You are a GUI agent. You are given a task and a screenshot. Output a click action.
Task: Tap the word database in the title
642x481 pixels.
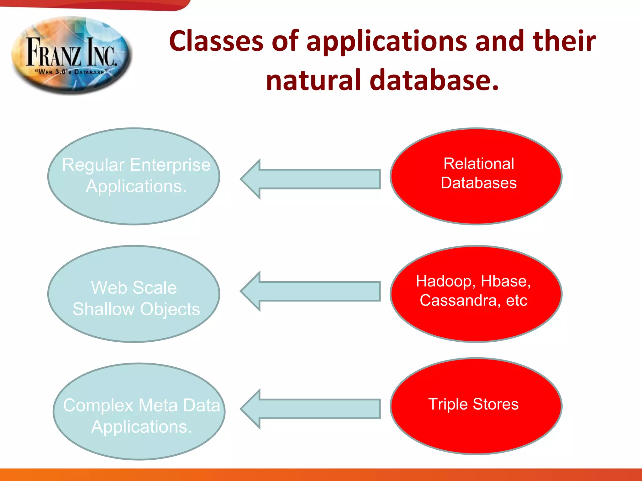coord(434,80)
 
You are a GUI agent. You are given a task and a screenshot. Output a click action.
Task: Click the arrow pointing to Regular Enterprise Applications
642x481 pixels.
coord(310,179)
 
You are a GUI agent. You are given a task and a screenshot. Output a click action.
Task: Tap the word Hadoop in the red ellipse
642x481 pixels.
coord(444,281)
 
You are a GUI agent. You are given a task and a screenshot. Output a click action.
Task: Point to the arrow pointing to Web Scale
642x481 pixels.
coord(310,291)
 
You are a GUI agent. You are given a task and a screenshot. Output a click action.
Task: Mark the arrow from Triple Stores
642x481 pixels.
coord(310,409)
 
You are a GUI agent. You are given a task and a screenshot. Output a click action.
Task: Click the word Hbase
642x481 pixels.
coord(505,281)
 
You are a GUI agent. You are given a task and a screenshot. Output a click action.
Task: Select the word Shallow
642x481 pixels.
coord(103,309)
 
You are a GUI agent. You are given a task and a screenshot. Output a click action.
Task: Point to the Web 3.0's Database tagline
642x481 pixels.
coord(71,72)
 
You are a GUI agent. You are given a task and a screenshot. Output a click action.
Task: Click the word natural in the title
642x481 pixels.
coord(313,80)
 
